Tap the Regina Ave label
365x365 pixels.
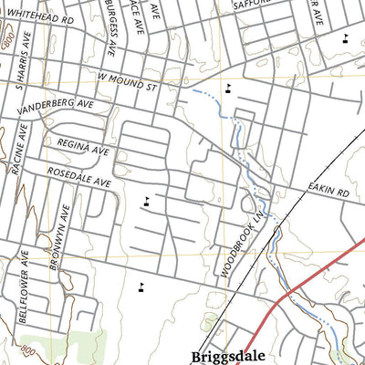click(x=83, y=147)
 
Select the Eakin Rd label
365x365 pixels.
click(x=329, y=193)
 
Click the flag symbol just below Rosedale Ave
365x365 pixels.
click(x=146, y=203)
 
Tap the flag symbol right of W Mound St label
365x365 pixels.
click(x=228, y=89)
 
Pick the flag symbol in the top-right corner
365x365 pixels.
click(x=345, y=38)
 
